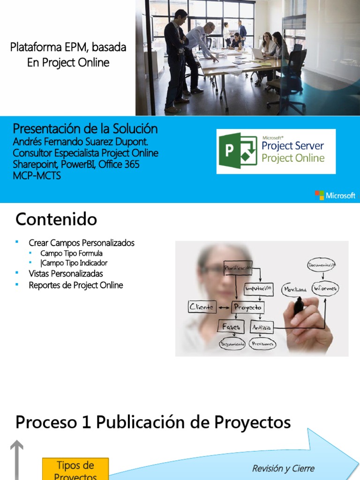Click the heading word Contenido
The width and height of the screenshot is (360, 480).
coord(56,219)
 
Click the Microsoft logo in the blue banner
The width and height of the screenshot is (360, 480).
coord(335,195)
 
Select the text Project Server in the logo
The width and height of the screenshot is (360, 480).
coord(292,145)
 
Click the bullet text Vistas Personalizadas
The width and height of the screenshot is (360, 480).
coord(66,274)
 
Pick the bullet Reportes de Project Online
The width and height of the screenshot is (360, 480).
coord(75,285)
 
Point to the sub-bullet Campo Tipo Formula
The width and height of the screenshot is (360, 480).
coord(71,254)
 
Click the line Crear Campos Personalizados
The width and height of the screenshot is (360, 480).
coord(81,243)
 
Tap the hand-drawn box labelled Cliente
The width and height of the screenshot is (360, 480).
coord(202,307)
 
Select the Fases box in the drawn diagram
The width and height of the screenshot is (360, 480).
coord(231,327)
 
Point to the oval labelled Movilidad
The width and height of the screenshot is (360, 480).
coord(295,290)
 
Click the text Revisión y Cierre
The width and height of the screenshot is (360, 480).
coord(283,469)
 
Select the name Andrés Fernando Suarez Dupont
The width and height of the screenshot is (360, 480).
coord(83,142)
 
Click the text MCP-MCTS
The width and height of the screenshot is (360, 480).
coord(37,176)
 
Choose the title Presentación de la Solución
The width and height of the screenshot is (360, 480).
coord(85,129)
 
